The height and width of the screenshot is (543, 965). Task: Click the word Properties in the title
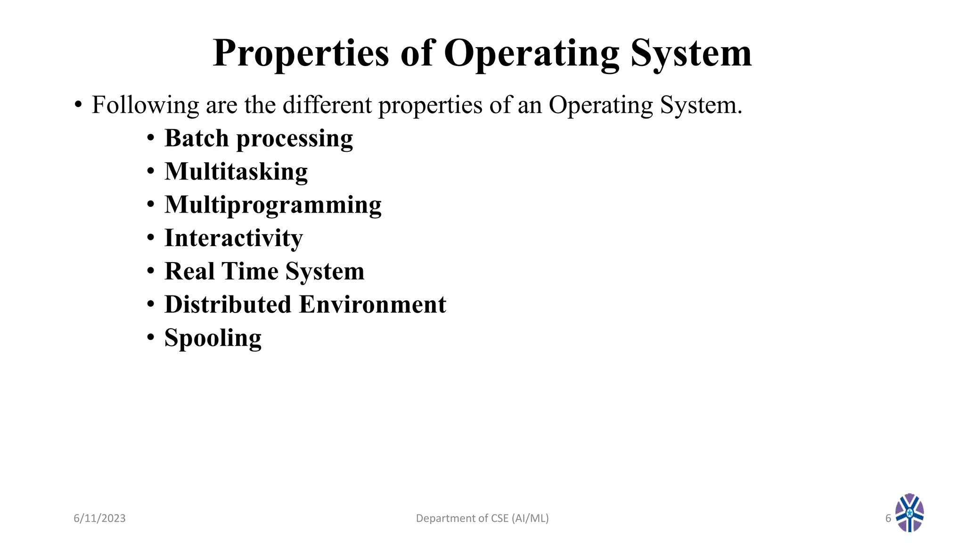point(301,54)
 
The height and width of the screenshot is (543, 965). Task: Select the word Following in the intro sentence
point(145,105)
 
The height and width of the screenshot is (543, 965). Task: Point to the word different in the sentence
point(327,105)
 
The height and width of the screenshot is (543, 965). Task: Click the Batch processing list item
point(258,139)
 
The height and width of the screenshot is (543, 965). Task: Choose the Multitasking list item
point(236,172)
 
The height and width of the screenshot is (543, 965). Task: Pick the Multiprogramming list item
point(273,205)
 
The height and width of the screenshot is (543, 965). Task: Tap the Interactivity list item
point(233,238)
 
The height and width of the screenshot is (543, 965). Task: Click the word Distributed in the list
point(228,304)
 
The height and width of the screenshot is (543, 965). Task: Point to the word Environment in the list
point(372,304)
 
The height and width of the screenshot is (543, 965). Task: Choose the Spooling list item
point(213,338)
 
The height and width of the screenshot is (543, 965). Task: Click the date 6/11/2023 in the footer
point(99,518)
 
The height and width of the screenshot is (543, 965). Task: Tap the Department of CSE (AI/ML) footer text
point(482,518)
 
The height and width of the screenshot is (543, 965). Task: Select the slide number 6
point(888,518)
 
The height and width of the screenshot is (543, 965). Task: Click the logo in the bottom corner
point(909,513)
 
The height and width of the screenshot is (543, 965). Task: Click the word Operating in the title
point(531,54)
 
